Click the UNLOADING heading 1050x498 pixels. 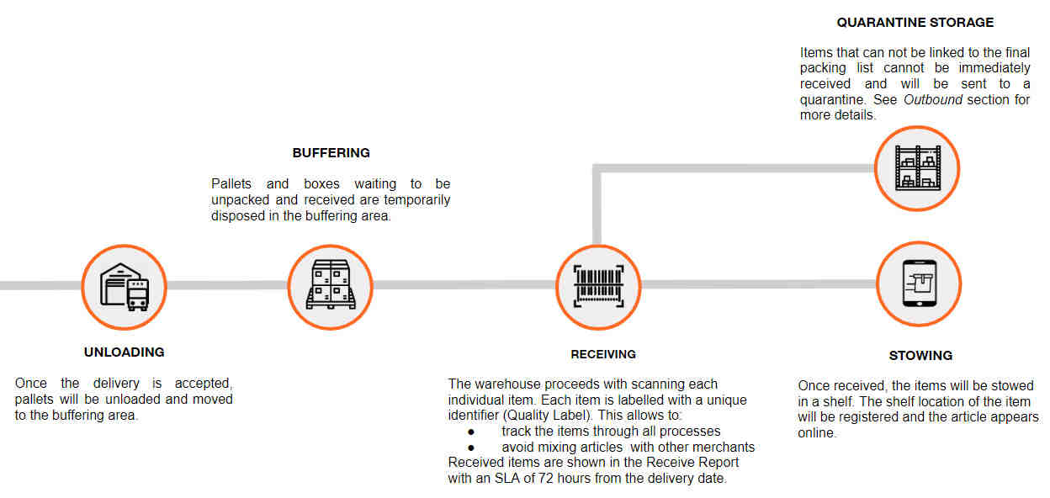pos(125,352)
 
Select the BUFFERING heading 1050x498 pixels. pos(331,153)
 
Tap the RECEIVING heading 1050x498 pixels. pos(603,354)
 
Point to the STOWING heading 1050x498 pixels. pos(920,356)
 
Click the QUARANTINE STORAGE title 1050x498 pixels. pos(915,23)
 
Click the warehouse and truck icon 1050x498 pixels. pos(125,287)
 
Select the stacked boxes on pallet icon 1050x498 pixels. pos(331,284)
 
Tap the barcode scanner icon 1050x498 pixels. pos(598,286)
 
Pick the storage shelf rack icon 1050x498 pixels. pos(917,167)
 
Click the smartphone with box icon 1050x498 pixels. pos(920,283)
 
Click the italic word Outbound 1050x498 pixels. pos(933,100)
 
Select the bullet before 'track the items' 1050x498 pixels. pos(471,432)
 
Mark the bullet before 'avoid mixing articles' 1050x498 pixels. pos(471,448)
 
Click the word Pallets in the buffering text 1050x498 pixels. pos(231,183)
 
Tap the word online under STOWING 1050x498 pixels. pos(817,433)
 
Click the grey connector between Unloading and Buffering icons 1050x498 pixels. pos(227,285)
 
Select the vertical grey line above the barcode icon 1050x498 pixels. pos(597,204)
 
